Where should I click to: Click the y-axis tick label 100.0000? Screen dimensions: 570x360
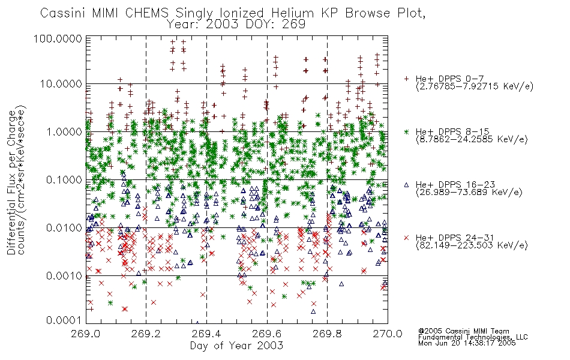[58, 38]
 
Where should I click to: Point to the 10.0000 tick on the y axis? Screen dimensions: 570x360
[61, 84]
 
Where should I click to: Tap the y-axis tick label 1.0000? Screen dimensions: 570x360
[64, 131]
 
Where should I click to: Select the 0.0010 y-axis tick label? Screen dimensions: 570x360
[64, 276]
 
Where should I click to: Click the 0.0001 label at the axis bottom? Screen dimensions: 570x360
[64, 320]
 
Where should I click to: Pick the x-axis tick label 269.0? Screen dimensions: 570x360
[86, 334]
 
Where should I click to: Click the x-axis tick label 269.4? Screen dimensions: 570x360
[206, 334]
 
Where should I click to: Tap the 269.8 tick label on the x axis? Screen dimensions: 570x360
[327, 334]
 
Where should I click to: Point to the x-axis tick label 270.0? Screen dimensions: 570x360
[388, 334]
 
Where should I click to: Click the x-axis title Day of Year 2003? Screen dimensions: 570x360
[236, 346]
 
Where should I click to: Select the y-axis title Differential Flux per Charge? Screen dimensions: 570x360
[11, 182]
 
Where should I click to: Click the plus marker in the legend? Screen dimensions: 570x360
[406, 79]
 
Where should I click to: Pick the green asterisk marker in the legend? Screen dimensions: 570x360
[406, 131]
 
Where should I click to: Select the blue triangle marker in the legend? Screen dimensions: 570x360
[406, 185]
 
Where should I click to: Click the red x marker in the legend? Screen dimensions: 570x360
[406, 238]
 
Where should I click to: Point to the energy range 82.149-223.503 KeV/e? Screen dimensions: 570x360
[472, 245]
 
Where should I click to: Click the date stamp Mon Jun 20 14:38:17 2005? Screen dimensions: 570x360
[467, 343]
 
